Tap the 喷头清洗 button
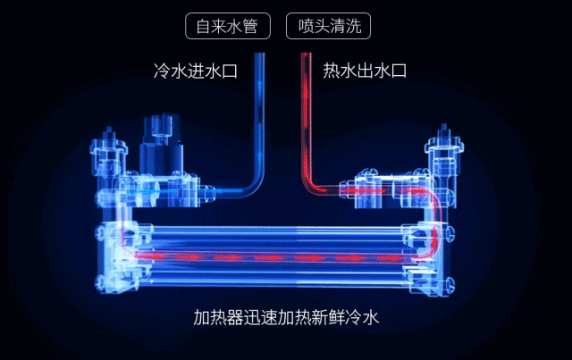(328, 26)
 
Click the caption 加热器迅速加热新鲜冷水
(286, 319)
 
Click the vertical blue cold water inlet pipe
(259, 116)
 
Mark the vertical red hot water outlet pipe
(305, 116)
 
